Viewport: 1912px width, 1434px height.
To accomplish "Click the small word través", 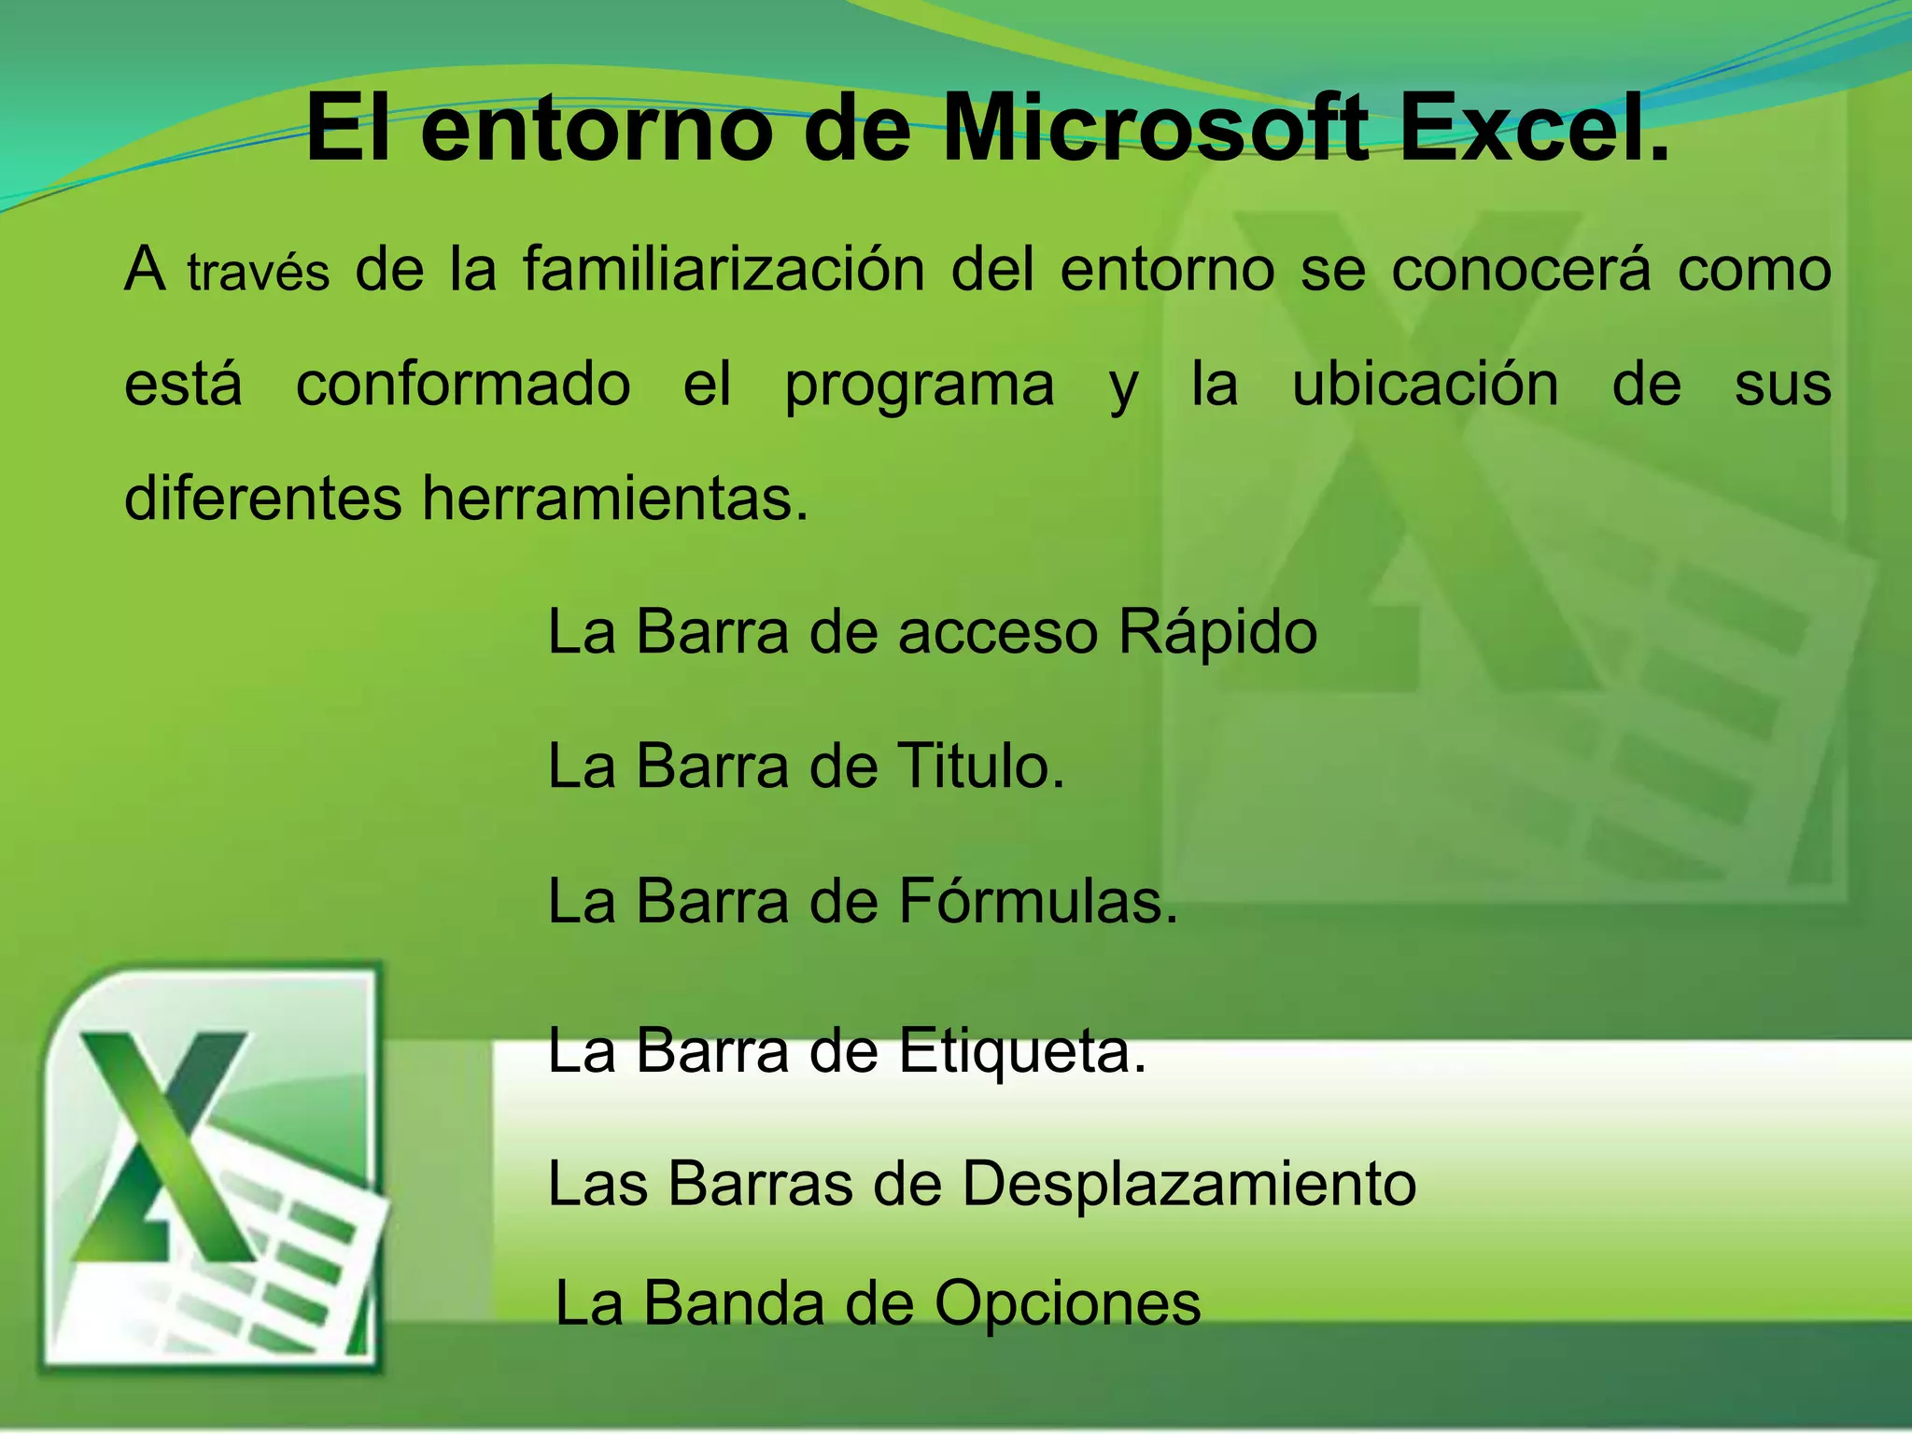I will tap(259, 274).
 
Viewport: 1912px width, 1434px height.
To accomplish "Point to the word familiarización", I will tap(724, 269).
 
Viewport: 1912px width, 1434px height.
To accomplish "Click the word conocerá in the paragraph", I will tap(1521, 269).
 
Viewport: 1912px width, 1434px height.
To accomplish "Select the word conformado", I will tap(463, 384).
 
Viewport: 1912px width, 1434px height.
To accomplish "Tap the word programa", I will tap(920, 386).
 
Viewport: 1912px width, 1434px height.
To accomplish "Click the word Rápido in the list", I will tap(1217, 633).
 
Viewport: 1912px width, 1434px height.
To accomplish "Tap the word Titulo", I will tap(980, 766).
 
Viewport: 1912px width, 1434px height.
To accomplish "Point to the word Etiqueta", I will tap(1022, 1051).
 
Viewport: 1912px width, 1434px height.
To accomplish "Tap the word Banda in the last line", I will tap(734, 1303).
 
